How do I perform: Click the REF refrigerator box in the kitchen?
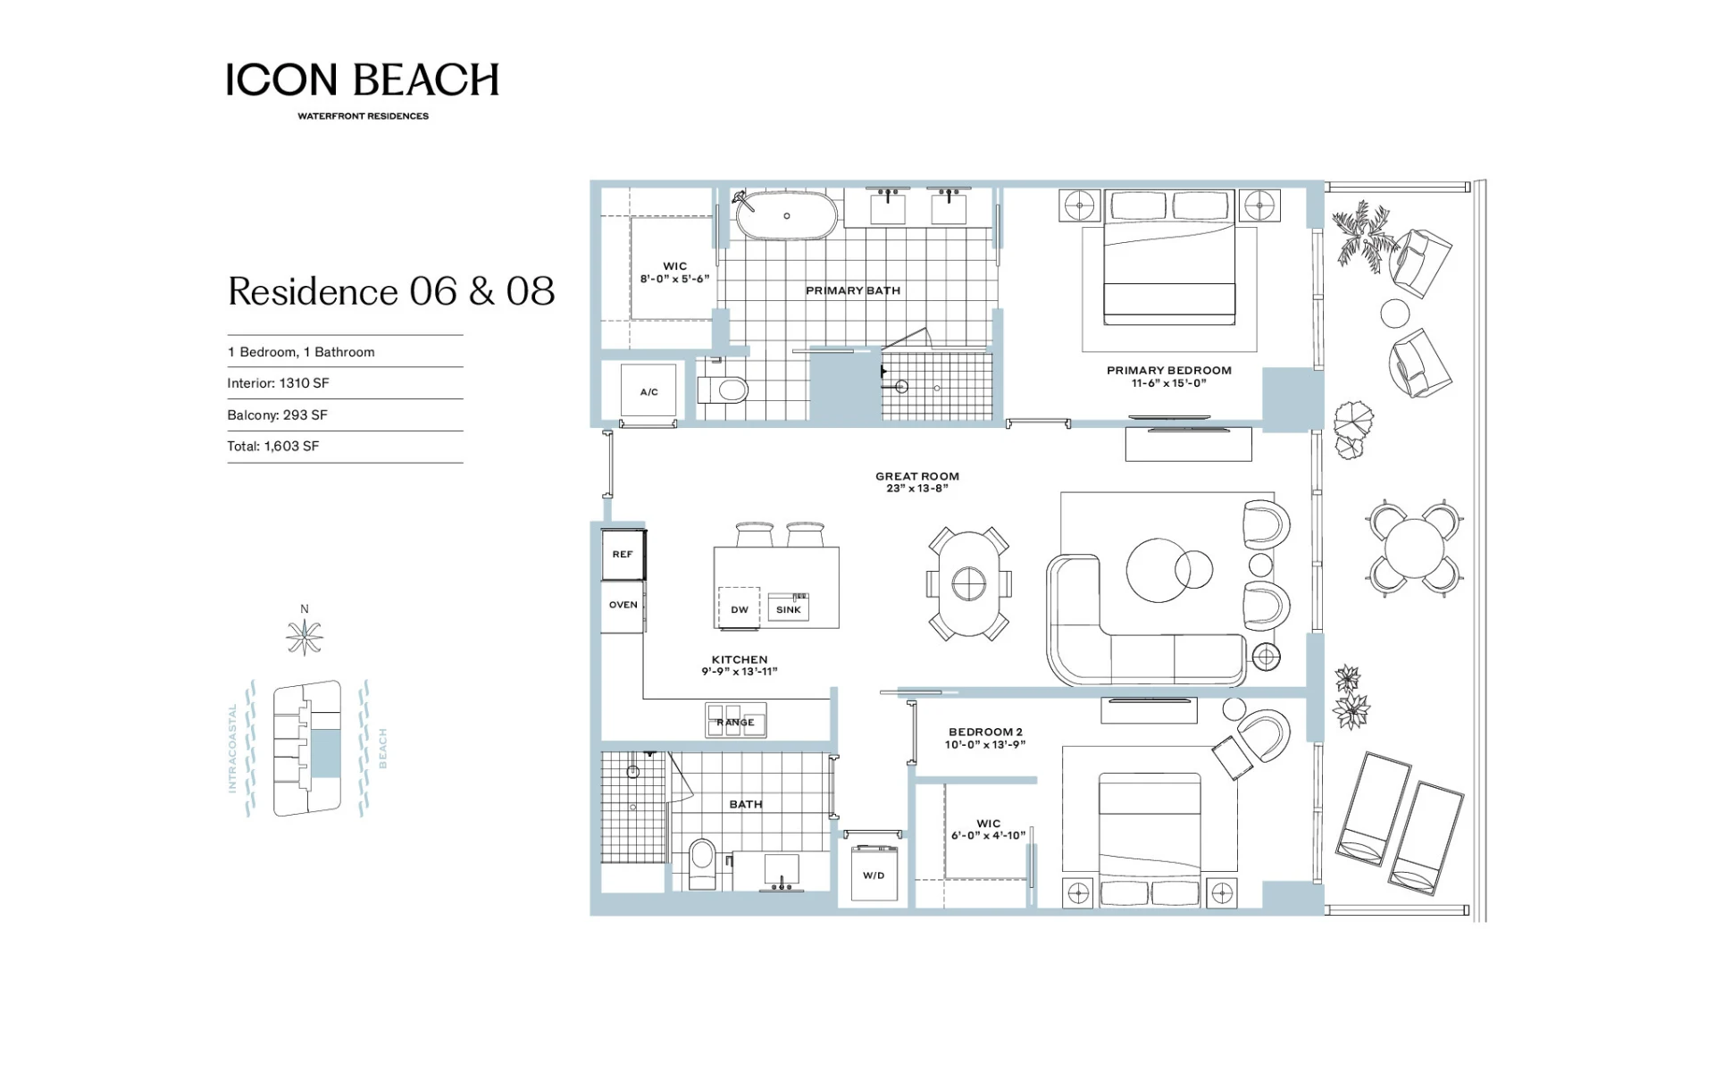(x=623, y=554)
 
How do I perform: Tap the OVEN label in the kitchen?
(x=623, y=605)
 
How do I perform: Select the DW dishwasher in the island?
(x=739, y=608)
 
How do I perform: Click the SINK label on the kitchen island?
(x=789, y=610)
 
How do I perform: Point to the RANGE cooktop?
(x=735, y=720)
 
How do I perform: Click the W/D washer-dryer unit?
(x=874, y=873)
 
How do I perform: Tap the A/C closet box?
(x=649, y=391)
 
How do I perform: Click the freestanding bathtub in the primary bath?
(x=786, y=215)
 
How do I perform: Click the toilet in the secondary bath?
(x=703, y=863)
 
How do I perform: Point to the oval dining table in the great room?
(x=969, y=583)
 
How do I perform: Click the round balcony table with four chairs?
(x=1414, y=549)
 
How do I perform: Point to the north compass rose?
(x=305, y=636)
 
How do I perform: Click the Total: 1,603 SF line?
(x=273, y=446)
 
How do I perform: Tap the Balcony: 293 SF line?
(x=277, y=415)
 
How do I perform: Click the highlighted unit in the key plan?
(x=327, y=753)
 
